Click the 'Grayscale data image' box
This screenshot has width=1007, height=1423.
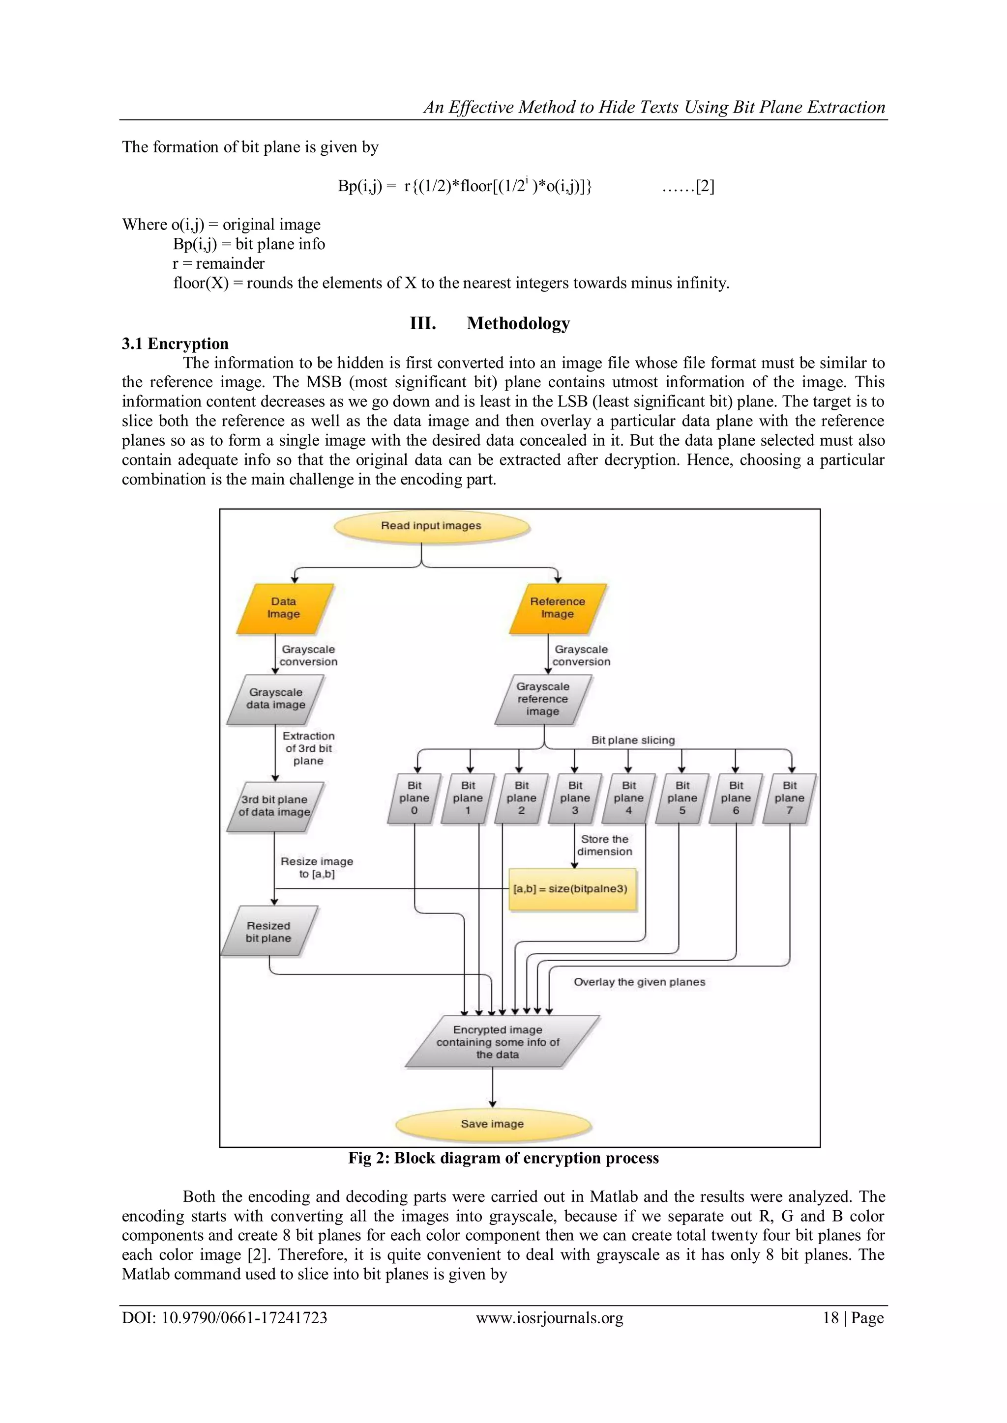[276, 699]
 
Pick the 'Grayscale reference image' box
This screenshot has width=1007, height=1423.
[543, 699]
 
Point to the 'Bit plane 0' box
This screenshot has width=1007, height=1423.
[414, 798]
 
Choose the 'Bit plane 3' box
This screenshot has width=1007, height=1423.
[575, 798]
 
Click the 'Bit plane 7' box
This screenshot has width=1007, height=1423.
[789, 798]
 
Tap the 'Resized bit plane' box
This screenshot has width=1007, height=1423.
[268, 932]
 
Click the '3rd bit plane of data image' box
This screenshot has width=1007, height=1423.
[275, 806]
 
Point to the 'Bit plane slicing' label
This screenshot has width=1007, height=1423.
[632, 740]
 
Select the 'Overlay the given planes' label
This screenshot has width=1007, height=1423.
[639, 982]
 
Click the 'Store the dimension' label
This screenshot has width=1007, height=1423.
[605, 845]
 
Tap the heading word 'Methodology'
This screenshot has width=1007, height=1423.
[518, 323]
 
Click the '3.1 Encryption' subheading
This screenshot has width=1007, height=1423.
[175, 344]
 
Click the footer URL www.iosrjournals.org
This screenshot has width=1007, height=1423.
[549, 1318]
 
